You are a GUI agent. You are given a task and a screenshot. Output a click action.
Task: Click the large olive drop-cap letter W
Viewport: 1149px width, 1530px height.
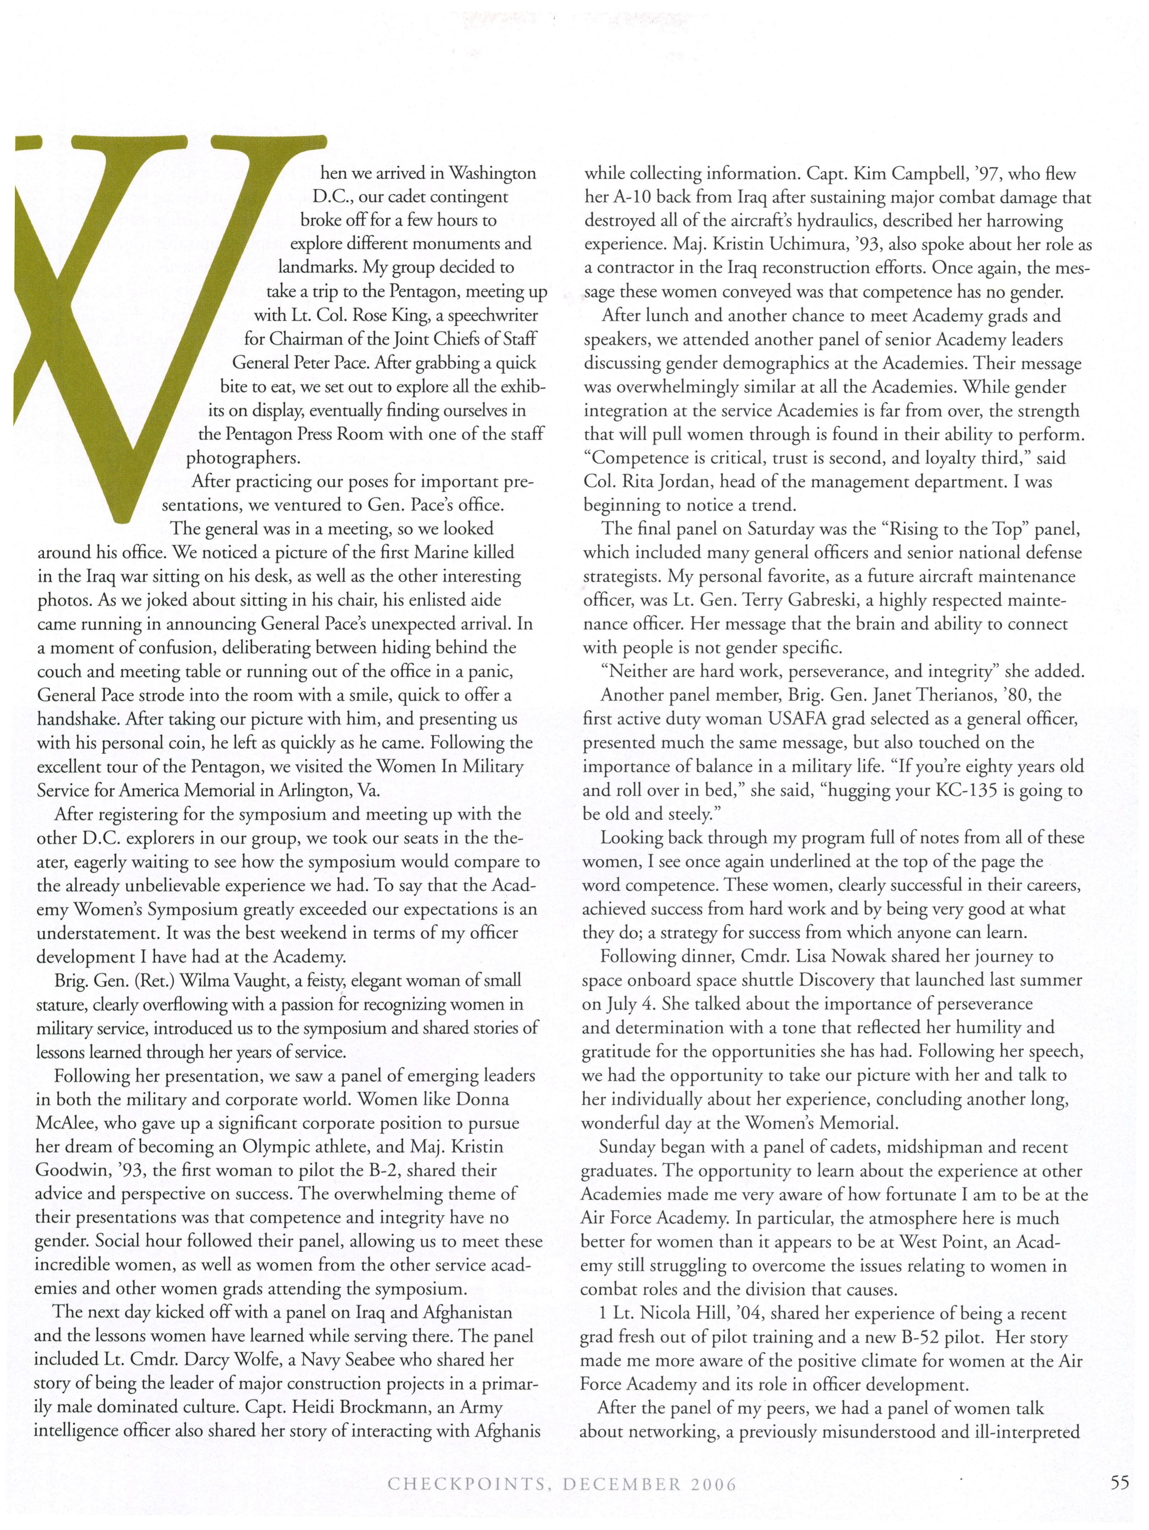tap(159, 311)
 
